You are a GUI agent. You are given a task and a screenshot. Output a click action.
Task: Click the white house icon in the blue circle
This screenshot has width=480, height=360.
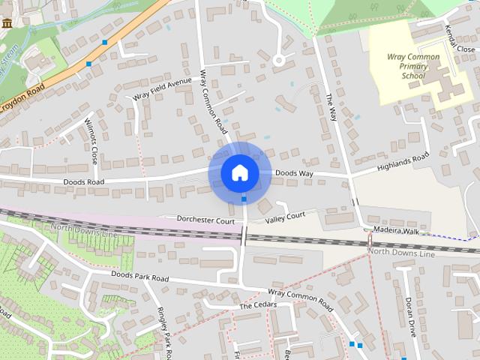pyautogui.click(x=240, y=172)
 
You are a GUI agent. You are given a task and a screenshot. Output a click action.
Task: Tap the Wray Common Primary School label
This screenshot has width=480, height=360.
pyautogui.click(x=413, y=66)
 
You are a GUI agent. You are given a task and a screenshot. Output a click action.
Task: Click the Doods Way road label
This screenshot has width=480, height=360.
pyautogui.click(x=294, y=173)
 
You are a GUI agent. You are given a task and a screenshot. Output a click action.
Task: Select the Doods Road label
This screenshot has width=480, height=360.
pyautogui.click(x=84, y=182)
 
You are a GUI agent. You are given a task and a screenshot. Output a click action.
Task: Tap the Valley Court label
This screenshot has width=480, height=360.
pyautogui.click(x=286, y=217)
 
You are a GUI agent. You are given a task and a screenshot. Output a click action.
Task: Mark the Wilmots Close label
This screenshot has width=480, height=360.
pyautogui.click(x=91, y=142)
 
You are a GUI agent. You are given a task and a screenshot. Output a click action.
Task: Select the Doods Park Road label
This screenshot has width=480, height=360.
pyautogui.click(x=140, y=276)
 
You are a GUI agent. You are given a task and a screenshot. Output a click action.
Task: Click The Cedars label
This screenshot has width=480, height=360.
pyautogui.click(x=258, y=305)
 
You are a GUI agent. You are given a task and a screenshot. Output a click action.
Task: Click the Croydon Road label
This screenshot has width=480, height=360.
pyautogui.click(x=22, y=98)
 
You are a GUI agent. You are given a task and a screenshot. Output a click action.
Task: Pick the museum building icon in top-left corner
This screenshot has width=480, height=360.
pyautogui.click(x=7, y=23)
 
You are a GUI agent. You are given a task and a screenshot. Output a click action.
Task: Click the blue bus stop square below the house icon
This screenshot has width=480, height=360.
pyautogui.click(x=244, y=199)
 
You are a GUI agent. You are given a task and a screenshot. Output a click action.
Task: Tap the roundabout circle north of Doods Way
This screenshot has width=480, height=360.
pyautogui.click(x=279, y=59)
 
